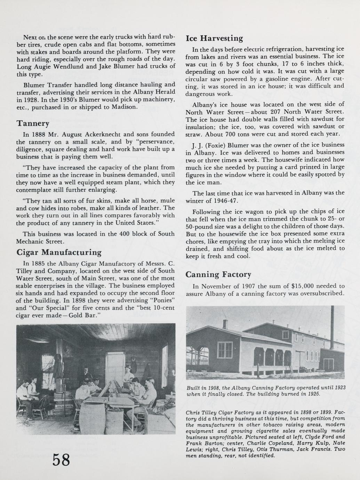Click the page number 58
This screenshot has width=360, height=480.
pos(61,460)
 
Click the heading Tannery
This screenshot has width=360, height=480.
pos(33,123)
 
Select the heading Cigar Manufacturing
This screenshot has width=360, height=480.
pos(59,252)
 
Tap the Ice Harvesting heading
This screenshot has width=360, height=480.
pos(214,38)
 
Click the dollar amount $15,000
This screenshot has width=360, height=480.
pos(303,286)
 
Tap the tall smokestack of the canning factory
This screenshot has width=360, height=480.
pos(333,325)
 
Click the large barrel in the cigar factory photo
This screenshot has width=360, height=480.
pos(92,418)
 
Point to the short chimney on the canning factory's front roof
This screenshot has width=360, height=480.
pos(225,324)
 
